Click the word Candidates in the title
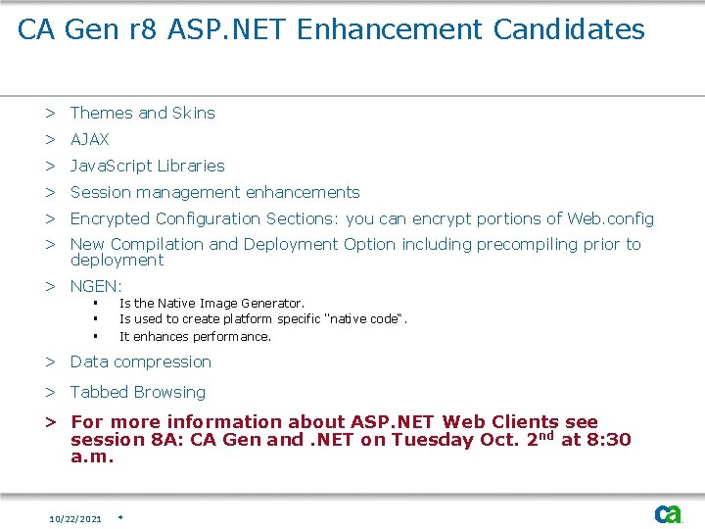[x=569, y=29]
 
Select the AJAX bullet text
[x=90, y=139]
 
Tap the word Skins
[x=193, y=113]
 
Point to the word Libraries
[x=190, y=166]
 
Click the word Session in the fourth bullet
[x=98, y=192]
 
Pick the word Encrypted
[x=110, y=218]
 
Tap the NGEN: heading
[x=96, y=286]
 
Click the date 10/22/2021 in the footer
[x=75, y=518]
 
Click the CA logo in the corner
[x=669, y=513]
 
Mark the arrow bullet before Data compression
[x=49, y=361]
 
